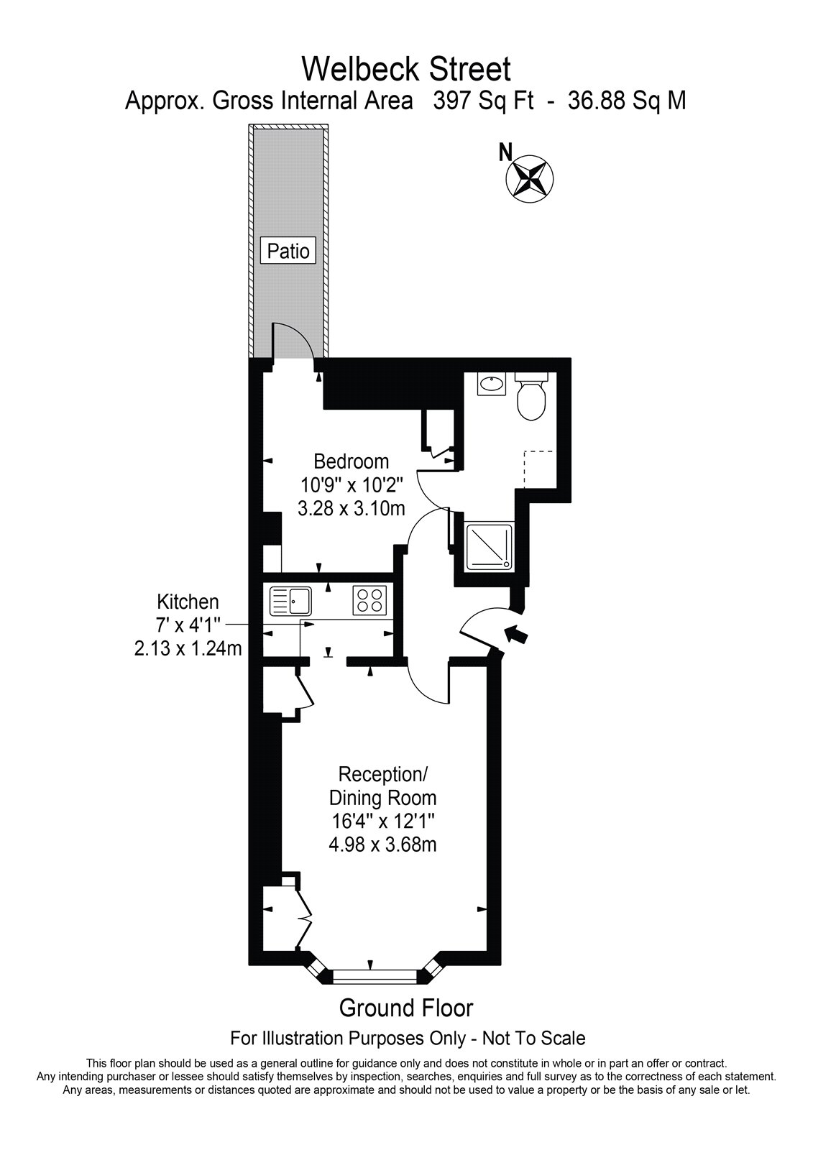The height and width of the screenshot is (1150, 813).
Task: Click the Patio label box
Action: pyautogui.click(x=288, y=251)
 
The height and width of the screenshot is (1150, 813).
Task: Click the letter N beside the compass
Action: pyautogui.click(x=506, y=152)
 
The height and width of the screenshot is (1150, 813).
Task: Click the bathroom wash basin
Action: pyautogui.click(x=491, y=384)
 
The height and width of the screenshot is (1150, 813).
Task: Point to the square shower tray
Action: pyautogui.click(x=488, y=546)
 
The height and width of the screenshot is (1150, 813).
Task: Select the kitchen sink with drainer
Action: pyautogui.click(x=290, y=601)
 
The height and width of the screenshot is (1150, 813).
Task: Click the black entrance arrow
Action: pyautogui.click(x=517, y=634)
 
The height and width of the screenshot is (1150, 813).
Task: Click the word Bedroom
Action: pyautogui.click(x=352, y=461)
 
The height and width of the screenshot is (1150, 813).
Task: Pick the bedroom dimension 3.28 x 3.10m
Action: pyautogui.click(x=352, y=508)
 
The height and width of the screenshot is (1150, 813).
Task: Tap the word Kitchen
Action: pyautogui.click(x=188, y=601)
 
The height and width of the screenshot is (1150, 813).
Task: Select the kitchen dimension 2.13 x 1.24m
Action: pyautogui.click(x=188, y=649)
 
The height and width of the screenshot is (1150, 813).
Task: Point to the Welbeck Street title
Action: pyautogui.click(x=406, y=69)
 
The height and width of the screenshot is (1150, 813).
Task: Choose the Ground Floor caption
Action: pyautogui.click(x=405, y=1009)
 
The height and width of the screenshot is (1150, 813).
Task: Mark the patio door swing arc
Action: pyautogui.click(x=297, y=339)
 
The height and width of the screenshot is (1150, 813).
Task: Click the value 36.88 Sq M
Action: pyautogui.click(x=627, y=101)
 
